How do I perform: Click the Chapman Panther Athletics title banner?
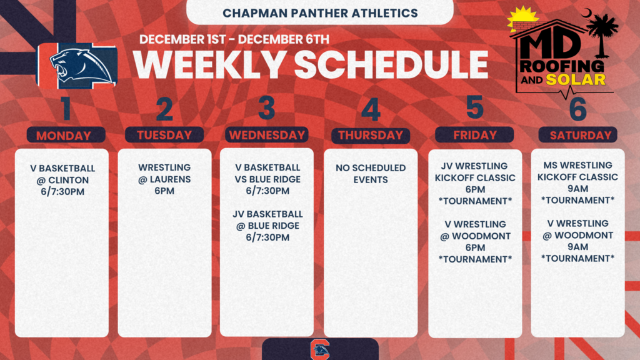[320, 12]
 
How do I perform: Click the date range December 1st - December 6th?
[234, 39]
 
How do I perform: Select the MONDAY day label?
[63, 136]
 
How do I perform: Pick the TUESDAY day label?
[164, 135]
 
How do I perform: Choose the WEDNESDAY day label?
[267, 135]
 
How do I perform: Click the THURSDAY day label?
[371, 136]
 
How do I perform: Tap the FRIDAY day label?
[474, 135]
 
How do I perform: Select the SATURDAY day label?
[577, 135]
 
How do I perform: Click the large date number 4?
[371, 110]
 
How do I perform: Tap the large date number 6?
[577, 109]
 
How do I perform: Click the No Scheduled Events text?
[371, 174]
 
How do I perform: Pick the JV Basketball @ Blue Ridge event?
[267, 226]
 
